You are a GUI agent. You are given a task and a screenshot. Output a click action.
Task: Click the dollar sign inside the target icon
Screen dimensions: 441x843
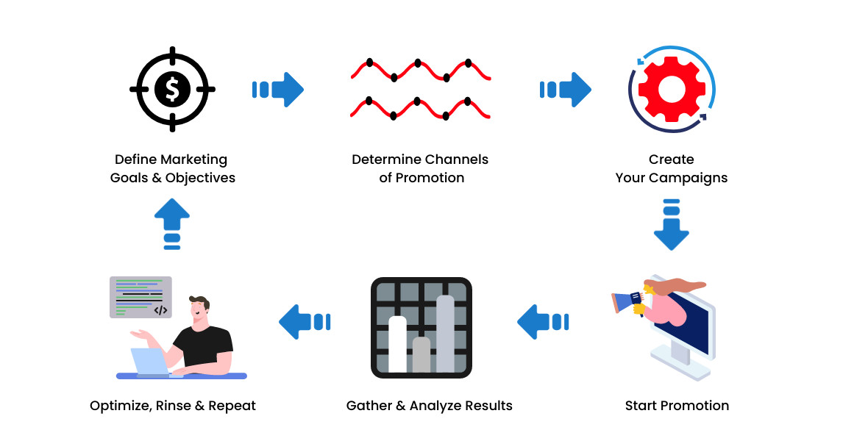(172, 90)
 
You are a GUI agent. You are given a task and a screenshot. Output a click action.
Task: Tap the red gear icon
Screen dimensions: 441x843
(672, 90)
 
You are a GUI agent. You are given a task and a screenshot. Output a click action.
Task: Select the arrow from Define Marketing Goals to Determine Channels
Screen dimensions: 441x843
(278, 90)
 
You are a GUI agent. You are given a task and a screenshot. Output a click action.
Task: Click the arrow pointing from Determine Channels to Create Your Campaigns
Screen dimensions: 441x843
(566, 90)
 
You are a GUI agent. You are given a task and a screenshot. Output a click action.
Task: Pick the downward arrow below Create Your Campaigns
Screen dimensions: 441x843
(671, 224)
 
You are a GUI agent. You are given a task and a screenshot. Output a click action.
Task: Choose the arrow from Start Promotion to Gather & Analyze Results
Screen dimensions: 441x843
(543, 322)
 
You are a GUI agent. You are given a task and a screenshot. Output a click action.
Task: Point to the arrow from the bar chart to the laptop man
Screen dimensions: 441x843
(305, 322)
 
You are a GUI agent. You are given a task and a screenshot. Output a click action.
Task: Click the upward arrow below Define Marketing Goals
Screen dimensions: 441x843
(172, 223)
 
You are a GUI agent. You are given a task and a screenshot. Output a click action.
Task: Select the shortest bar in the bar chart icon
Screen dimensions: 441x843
(421, 354)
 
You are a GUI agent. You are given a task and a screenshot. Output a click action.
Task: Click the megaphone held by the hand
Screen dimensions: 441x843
(626, 300)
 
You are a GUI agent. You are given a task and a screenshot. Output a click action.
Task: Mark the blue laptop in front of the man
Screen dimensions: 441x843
(152, 362)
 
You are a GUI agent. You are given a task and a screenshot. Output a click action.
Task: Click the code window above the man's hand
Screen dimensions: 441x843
(140, 297)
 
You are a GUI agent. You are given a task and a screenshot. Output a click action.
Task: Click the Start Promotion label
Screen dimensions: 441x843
(677, 406)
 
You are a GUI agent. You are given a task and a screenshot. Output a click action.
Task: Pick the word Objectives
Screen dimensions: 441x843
(200, 178)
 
